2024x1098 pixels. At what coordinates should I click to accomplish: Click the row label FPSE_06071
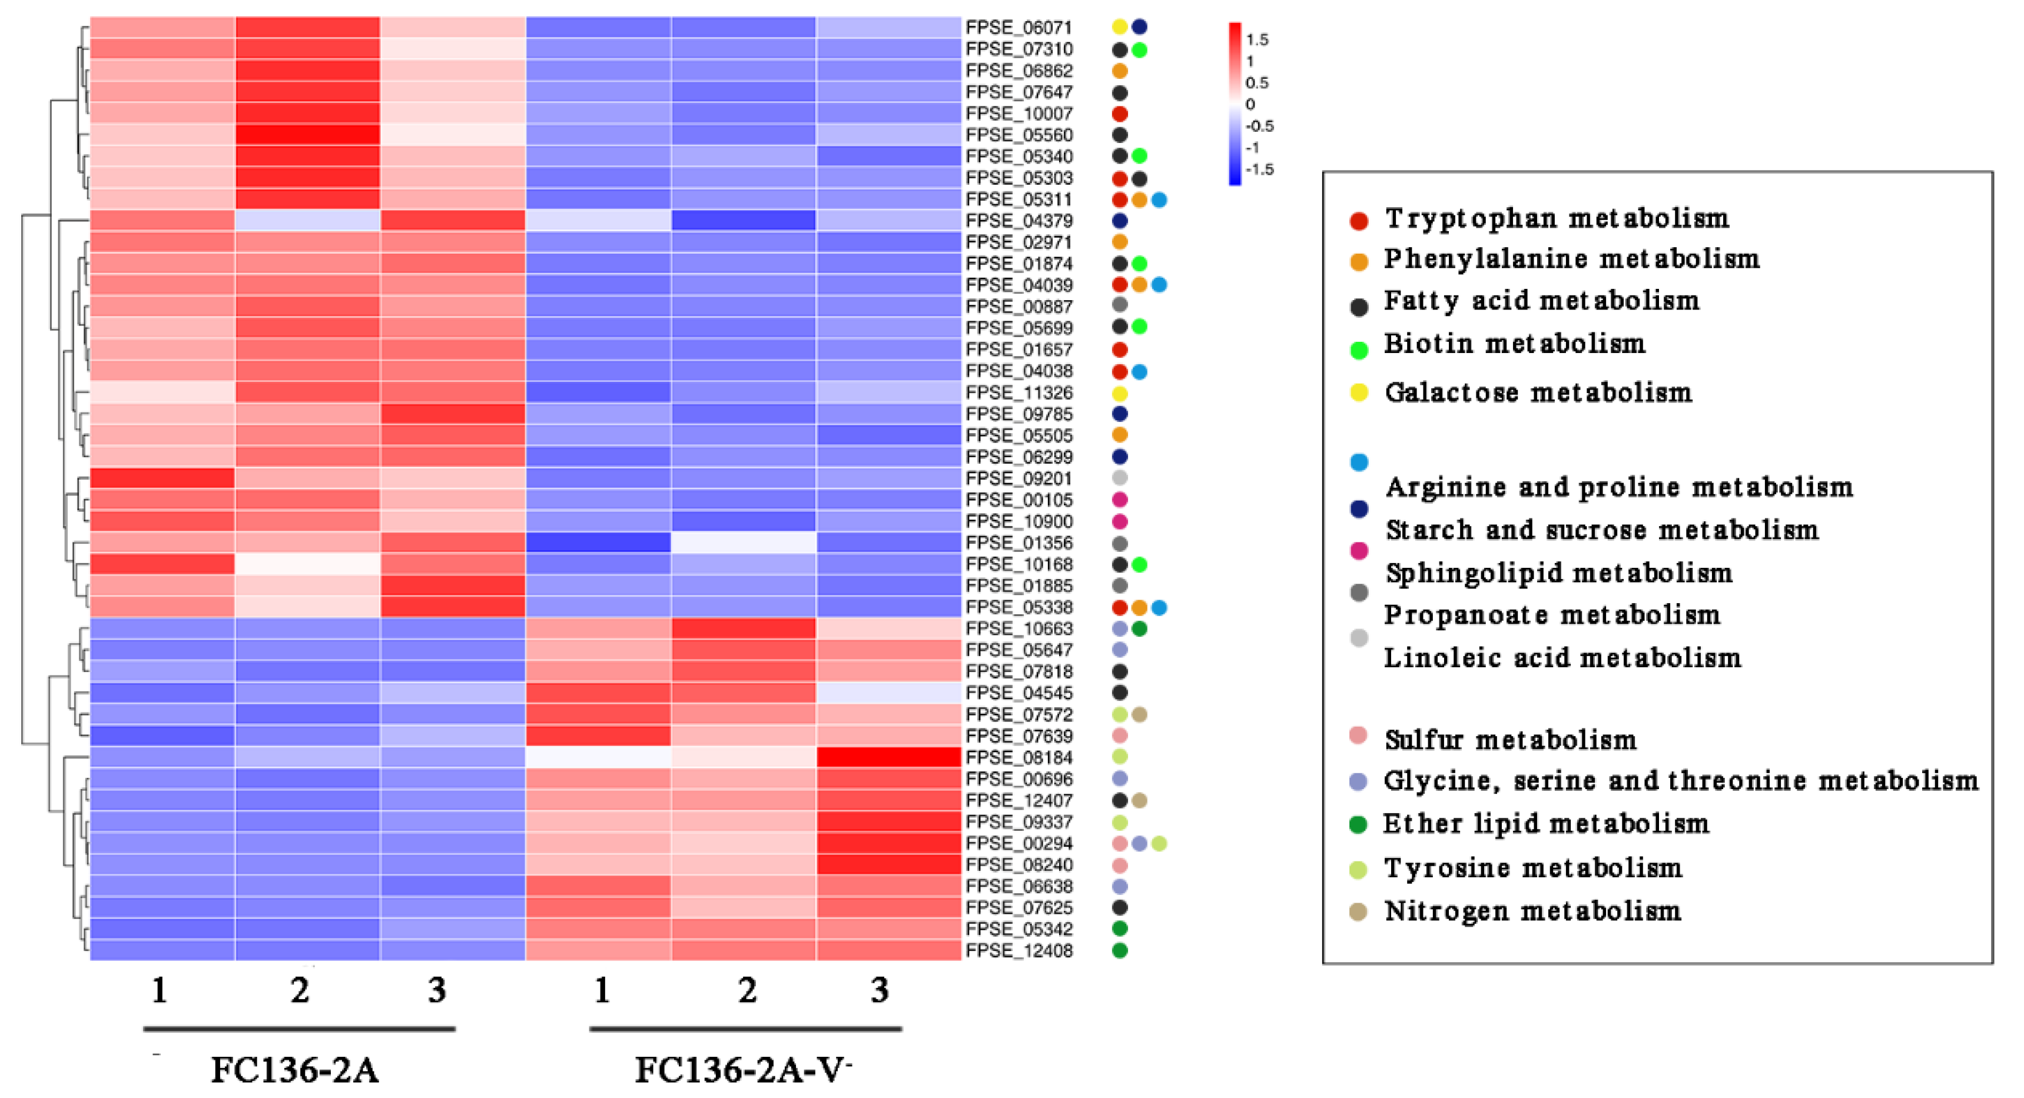click(1018, 28)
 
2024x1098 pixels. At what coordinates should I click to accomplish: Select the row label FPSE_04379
click(1018, 221)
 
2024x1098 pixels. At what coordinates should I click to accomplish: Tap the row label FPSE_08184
click(1018, 757)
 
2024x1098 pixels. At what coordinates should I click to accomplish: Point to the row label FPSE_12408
click(1018, 950)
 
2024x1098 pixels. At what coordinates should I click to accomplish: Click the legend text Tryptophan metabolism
click(1557, 218)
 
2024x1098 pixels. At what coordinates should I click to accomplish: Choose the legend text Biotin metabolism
click(1514, 343)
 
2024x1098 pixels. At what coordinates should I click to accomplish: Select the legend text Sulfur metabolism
click(1510, 739)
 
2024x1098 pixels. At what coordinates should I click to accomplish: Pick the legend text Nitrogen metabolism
click(1532, 910)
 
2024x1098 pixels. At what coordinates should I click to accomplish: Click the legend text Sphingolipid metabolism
click(1559, 573)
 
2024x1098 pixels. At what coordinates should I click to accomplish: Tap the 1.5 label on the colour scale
click(1257, 39)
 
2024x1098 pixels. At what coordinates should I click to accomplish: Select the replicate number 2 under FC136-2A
click(299, 990)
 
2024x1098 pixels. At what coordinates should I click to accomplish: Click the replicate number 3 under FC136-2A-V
click(879, 990)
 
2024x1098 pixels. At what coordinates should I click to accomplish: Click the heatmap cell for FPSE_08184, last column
click(888, 757)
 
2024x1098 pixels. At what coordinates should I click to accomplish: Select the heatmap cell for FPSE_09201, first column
click(162, 478)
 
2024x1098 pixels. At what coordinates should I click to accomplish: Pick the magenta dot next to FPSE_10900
click(1120, 521)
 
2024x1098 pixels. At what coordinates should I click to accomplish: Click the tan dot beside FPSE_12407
click(1139, 800)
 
